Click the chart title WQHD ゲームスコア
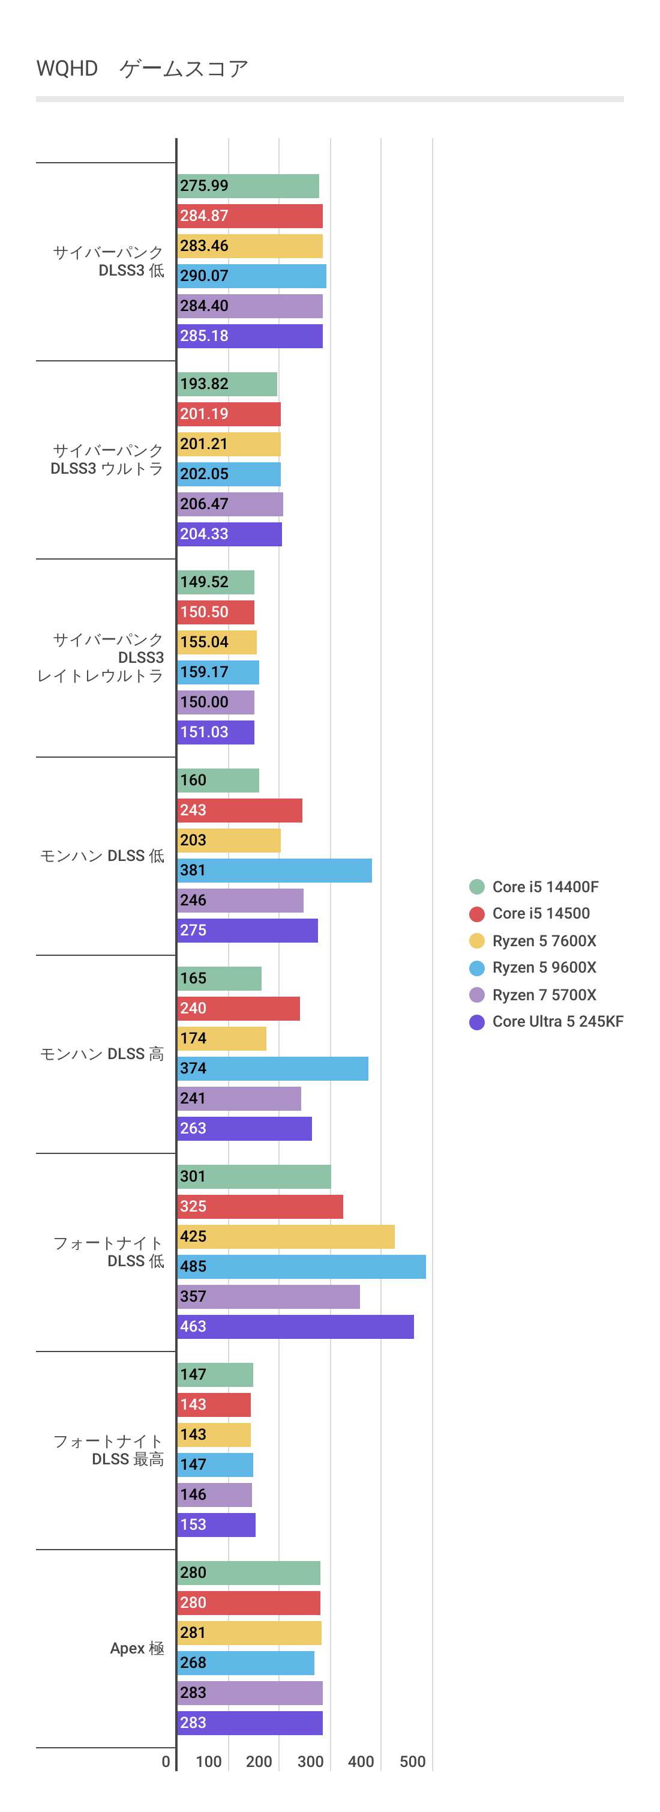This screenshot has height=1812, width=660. (143, 68)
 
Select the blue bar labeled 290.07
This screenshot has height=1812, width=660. (251, 276)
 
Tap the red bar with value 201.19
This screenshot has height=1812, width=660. (229, 414)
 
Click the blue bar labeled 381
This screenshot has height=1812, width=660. (274, 870)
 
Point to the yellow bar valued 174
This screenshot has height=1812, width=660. (221, 1038)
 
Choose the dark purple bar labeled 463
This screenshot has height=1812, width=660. (295, 1326)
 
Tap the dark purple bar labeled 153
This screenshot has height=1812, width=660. (216, 1524)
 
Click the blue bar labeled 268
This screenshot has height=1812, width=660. (245, 1662)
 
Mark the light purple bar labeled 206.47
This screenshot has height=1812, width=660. (230, 504)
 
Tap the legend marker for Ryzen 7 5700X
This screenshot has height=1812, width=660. (476, 995)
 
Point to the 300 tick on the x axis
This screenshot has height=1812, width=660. (310, 1762)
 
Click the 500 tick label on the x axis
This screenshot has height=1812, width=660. (413, 1762)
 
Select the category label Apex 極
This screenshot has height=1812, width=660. (137, 1648)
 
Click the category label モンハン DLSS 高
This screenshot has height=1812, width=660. (102, 1054)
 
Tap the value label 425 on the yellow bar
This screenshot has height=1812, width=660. (193, 1236)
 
